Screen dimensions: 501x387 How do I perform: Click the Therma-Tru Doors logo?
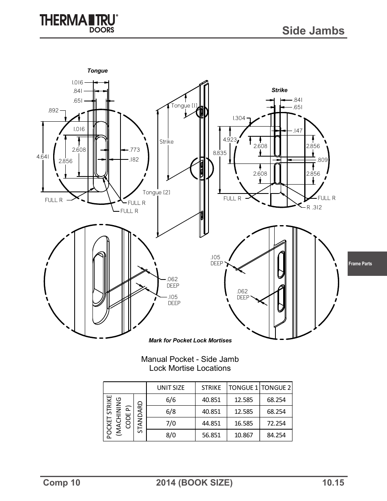pyautogui.click(x=79, y=23)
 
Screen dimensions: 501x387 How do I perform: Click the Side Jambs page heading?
pyautogui.click(x=314, y=30)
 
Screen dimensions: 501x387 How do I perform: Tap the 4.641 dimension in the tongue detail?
pyautogui.click(x=43, y=157)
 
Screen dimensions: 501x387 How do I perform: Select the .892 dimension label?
pyautogui.click(x=53, y=110)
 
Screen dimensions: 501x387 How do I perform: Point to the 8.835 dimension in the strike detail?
pyautogui.click(x=219, y=153)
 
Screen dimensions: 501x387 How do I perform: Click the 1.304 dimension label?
pyautogui.click(x=239, y=118)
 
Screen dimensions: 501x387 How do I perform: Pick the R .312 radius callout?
pyautogui.click(x=314, y=207)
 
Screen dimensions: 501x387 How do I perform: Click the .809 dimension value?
pyautogui.click(x=322, y=160)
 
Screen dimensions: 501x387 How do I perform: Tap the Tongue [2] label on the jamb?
pyautogui.click(x=156, y=192)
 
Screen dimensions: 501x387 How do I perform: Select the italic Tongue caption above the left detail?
pyautogui.click(x=98, y=71)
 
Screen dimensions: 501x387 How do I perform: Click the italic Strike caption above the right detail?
pyautogui.click(x=279, y=90)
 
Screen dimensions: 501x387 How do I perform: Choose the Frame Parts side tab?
pyautogui.click(x=361, y=264)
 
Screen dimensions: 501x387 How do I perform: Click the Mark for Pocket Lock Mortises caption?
pyautogui.click(x=190, y=340)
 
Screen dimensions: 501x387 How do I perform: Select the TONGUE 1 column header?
pyautogui.click(x=243, y=387)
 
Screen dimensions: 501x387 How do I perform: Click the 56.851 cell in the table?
pyautogui.click(x=211, y=435)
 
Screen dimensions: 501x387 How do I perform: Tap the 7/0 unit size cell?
pyautogui.click(x=171, y=423)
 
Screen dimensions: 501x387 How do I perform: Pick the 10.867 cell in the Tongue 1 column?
pyautogui.click(x=243, y=435)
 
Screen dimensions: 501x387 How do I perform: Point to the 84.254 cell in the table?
pyautogui.click(x=276, y=435)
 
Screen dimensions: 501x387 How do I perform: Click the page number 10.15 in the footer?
pyautogui.click(x=333, y=482)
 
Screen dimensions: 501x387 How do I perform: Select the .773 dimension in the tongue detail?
pyautogui.click(x=134, y=150)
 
